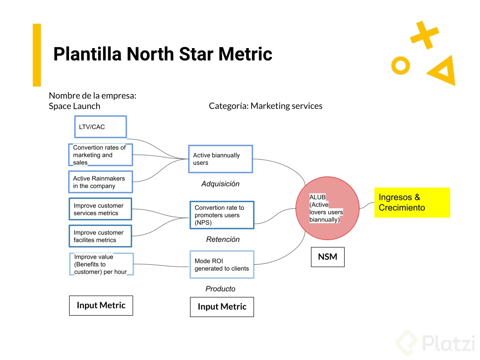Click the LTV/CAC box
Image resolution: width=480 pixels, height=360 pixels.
click(100, 127)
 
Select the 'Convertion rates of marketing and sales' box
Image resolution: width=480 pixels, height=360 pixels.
click(100, 155)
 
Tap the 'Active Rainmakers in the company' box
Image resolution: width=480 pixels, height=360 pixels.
click(100, 182)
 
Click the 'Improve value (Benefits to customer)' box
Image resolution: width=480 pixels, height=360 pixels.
click(101, 264)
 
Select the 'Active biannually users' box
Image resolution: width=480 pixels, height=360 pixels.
click(221, 159)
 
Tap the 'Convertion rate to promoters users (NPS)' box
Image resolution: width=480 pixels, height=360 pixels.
click(222, 215)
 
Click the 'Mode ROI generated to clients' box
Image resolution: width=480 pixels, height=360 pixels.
click(222, 265)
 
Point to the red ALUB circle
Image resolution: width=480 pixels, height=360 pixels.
click(327, 208)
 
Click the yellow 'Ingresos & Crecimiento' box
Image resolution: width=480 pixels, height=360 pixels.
click(412, 203)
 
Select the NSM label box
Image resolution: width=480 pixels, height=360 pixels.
click(327, 257)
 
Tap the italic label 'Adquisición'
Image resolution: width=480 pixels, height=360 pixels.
click(220, 184)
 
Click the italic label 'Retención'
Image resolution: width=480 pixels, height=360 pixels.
click(223, 240)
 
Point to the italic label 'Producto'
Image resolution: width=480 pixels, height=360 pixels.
click(220, 289)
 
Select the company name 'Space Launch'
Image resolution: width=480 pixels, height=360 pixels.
click(74, 106)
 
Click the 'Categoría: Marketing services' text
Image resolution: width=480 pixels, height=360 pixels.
click(265, 106)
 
